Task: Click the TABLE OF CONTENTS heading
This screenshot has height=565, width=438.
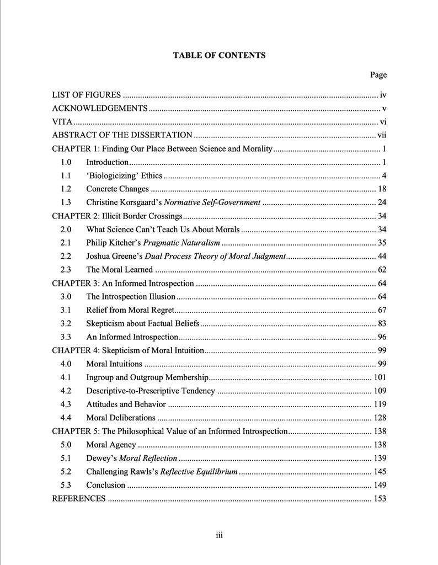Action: (219, 55)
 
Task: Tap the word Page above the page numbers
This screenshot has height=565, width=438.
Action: (378, 75)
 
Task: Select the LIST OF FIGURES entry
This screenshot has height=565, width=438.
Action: (86, 95)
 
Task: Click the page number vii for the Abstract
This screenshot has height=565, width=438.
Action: (382, 135)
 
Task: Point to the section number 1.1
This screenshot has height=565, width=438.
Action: (66, 175)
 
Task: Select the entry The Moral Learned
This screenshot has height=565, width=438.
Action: (119, 270)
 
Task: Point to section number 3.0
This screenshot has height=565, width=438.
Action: (66, 297)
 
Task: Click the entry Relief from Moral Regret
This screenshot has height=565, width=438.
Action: (129, 310)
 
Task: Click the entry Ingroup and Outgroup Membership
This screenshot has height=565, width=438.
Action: (147, 377)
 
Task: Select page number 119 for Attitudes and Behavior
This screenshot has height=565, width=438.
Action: (380, 404)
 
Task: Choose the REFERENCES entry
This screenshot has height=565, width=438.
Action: (78, 499)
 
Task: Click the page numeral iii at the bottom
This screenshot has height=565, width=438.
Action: (219, 535)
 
